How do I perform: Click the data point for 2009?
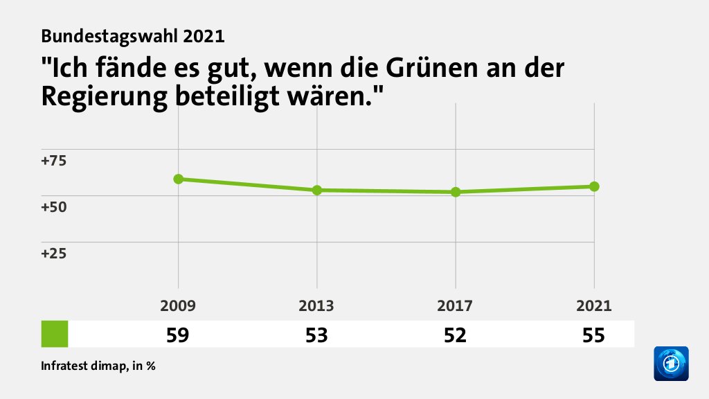click(179, 179)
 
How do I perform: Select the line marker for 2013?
click(317, 190)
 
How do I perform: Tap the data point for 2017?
click(456, 192)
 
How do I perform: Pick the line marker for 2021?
click(594, 186)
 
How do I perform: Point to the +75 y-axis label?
click(54, 161)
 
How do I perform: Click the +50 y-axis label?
click(54, 207)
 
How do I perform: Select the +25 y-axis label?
click(54, 254)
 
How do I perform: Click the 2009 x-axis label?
click(179, 306)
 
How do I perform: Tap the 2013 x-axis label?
click(317, 306)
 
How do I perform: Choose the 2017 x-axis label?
click(456, 306)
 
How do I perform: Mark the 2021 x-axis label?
click(594, 306)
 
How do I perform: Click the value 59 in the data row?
click(178, 335)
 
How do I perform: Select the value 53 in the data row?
click(316, 335)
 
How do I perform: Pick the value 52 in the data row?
click(455, 335)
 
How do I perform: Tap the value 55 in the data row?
click(593, 335)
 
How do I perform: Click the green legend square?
click(55, 334)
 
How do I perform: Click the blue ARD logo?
click(671, 364)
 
